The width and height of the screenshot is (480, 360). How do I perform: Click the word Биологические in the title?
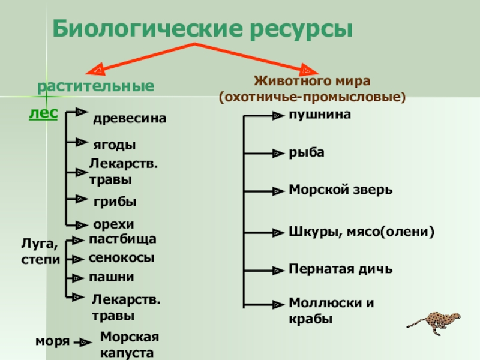[x=148, y=28]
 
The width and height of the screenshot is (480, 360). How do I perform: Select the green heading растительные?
[x=95, y=86]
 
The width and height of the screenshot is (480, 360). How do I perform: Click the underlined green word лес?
[x=43, y=113]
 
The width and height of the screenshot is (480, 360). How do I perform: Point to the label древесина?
[x=130, y=119]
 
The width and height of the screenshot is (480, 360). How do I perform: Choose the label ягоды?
[x=115, y=145]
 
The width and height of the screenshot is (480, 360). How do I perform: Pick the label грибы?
[x=115, y=202]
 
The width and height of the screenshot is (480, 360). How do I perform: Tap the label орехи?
[x=113, y=224]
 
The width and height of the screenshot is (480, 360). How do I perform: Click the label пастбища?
[x=122, y=239]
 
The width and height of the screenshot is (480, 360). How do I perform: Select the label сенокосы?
[x=121, y=258]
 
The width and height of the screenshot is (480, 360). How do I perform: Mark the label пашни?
[x=112, y=277]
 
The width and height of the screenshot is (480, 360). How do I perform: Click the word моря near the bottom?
[x=52, y=341]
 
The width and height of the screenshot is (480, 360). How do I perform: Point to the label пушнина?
[x=320, y=115]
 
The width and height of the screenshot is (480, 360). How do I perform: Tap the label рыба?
[x=307, y=152]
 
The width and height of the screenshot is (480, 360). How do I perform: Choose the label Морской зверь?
[x=340, y=190]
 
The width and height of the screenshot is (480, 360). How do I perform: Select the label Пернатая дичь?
[x=340, y=269]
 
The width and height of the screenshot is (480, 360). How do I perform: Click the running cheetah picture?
[x=434, y=323]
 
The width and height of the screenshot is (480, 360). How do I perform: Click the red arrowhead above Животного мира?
[x=308, y=70]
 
